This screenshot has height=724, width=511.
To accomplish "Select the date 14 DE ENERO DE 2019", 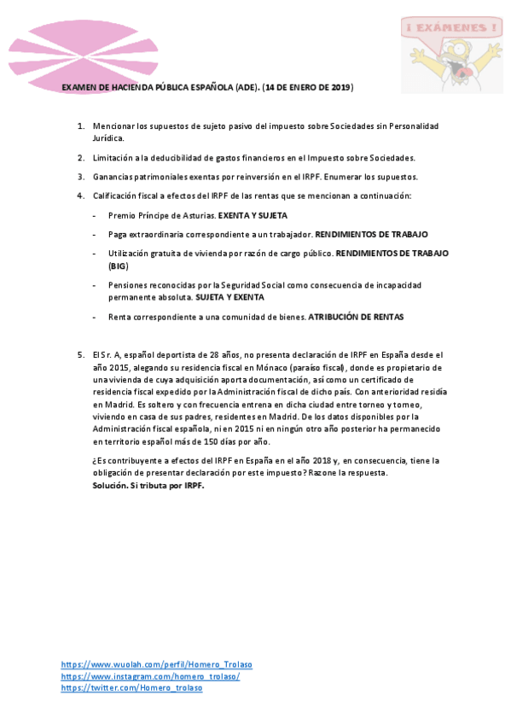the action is [x=307, y=88].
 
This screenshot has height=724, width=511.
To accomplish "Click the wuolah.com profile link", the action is [x=156, y=664].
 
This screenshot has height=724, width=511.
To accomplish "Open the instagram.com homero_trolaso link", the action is [x=150, y=676].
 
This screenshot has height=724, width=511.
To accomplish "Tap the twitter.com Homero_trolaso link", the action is [x=131, y=688].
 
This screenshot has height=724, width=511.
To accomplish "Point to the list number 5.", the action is [x=80, y=353].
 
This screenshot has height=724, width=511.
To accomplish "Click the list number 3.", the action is [x=80, y=177].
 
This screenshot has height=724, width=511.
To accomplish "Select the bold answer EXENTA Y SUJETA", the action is [x=253, y=215].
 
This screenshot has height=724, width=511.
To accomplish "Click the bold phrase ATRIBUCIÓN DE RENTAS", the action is [x=356, y=317].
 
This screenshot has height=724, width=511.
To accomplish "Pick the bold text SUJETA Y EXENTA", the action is [x=229, y=297].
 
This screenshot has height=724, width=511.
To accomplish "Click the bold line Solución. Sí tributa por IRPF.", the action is [x=149, y=485].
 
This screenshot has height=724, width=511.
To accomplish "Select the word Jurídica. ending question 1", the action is [x=108, y=137].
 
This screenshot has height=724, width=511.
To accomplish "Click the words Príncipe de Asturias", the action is [x=174, y=215].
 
